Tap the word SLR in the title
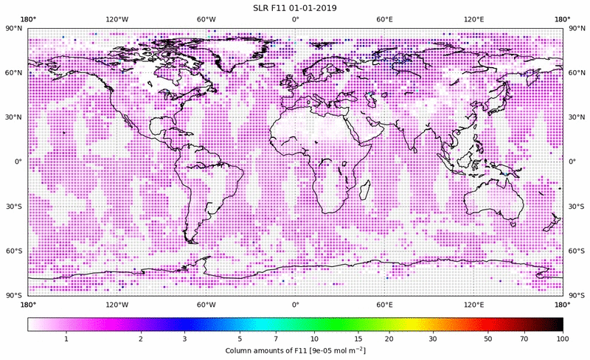tap(260, 8)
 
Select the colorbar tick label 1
tap(66, 338)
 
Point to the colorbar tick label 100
tap(562, 338)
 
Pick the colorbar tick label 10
tap(315, 338)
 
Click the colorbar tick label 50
tap(487, 338)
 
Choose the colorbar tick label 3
tap(185, 338)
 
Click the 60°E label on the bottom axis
tap(384, 304)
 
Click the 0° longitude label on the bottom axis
tap(295, 304)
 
